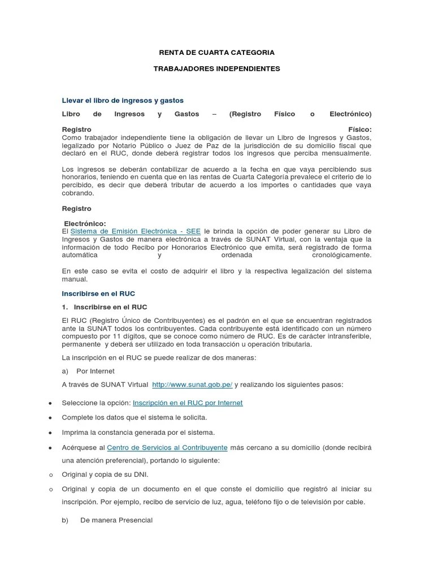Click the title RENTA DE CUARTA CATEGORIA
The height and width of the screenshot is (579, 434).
coord(216,53)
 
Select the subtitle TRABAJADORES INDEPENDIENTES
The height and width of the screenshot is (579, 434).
coord(216,68)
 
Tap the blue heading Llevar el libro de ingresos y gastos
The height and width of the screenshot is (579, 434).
coord(123,100)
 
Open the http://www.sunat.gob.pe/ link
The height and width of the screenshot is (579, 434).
coord(192,384)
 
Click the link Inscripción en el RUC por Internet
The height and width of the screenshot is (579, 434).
coord(188,403)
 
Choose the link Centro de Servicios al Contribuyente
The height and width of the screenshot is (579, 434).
coord(167,447)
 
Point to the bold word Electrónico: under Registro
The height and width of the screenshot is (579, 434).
coord(85,224)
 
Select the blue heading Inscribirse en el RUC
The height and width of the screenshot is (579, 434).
coord(98,294)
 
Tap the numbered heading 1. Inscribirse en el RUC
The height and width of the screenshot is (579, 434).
coord(105,307)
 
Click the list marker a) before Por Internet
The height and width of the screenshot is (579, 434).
coord(65,371)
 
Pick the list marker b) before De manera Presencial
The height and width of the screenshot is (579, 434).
coord(65,520)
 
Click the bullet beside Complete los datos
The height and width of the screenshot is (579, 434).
coord(50,418)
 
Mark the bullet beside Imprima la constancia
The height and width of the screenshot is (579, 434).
coord(50,433)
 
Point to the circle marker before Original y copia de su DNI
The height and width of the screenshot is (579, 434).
coord(50,475)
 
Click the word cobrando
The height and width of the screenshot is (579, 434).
coord(78,193)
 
